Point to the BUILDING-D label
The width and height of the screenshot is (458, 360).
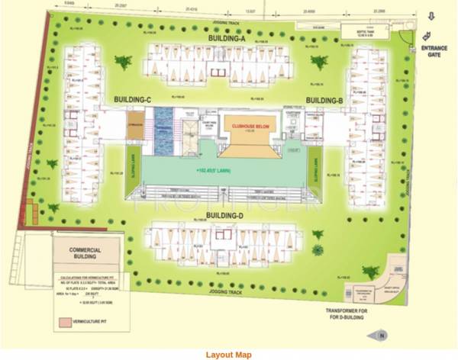(225, 216)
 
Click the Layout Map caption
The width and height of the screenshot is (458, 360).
(229, 354)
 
